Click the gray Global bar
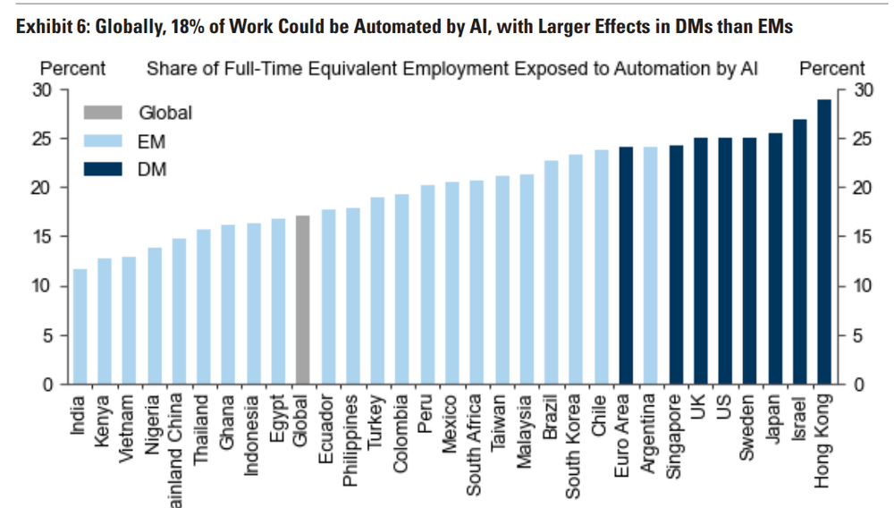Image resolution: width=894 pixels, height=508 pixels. [303, 300]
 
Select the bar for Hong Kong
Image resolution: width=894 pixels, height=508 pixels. [824, 241]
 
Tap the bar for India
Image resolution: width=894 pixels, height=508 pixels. [80, 326]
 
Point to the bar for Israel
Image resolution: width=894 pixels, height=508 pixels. [799, 251]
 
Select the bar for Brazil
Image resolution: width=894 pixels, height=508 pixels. [552, 272]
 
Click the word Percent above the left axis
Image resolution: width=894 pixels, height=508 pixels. [72, 69]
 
